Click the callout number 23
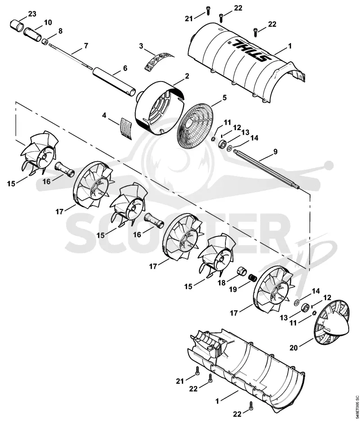coord(32,14)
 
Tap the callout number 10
coord(48,22)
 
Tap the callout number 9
coord(275,152)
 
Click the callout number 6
coord(125,68)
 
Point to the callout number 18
coord(221,283)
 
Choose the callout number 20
coord(294,348)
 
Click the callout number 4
coord(104,116)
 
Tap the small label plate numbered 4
coord(126,128)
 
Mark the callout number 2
coord(187,76)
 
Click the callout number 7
coord(86,45)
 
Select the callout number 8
coord(60,31)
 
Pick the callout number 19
coord(233,290)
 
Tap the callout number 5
coord(224,98)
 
